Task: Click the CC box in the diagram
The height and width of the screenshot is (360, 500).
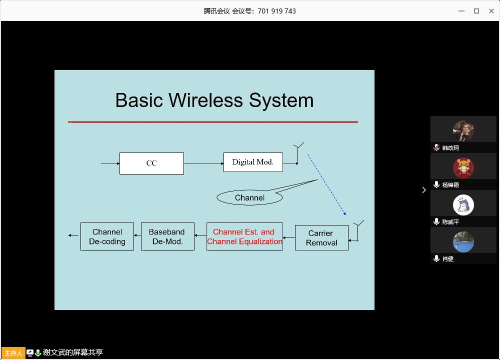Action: [x=151, y=163]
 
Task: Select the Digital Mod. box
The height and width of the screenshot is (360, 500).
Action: [x=253, y=162]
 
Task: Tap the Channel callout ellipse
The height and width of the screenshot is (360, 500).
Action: [x=249, y=197]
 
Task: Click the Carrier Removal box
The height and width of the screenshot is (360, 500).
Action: [x=321, y=238]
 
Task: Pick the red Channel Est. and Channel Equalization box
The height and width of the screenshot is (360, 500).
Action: [x=244, y=236]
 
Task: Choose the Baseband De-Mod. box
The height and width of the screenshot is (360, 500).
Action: [x=167, y=236]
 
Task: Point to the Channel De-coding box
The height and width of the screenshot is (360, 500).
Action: [x=107, y=236]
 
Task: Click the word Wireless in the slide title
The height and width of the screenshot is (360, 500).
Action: [x=206, y=100]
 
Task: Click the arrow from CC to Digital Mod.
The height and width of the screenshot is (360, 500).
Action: [x=203, y=163]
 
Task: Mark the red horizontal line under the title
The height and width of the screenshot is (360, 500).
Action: [x=213, y=121]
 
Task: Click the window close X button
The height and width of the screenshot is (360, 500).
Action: [x=491, y=11]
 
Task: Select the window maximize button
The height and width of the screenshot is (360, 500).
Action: [x=476, y=11]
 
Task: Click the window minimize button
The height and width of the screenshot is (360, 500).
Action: [x=461, y=11]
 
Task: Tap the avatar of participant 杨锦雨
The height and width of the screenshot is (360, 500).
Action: [x=463, y=168]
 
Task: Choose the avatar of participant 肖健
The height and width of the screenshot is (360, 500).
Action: [x=463, y=242]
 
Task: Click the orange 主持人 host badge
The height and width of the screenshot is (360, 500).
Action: [x=13, y=352]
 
